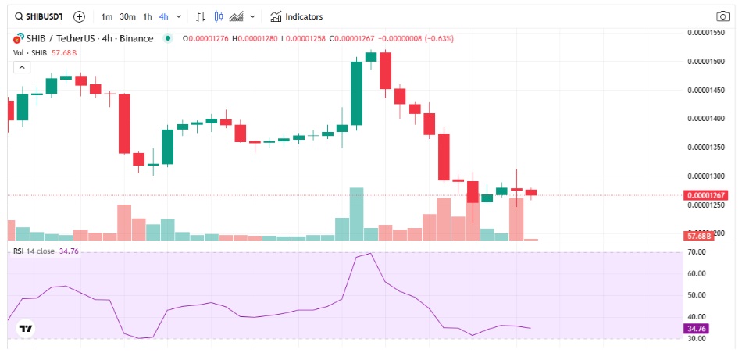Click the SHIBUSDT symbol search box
pyautogui.click(x=39, y=16)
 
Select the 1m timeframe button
pyautogui.click(x=107, y=16)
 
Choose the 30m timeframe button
pyautogui.click(x=127, y=16)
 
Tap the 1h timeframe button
pyautogui.click(x=148, y=16)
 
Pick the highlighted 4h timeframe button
pyautogui.click(x=163, y=16)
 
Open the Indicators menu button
pyautogui.click(x=296, y=16)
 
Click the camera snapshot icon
pyautogui.click(x=722, y=16)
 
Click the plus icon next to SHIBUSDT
pyautogui.click(x=79, y=16)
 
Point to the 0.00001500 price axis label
pyautogui.click(x=707, y=61)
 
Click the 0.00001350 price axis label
pyautogui.click(x=707, y=147)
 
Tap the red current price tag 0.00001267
pyautogui.click(x=707, y=195)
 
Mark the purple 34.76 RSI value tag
pyautogui.click(x=695, y=330)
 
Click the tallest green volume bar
pyautogui.click(x=357, y=213)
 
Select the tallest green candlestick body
pyautogui.click(x=357, y=92)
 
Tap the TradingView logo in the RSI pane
pyautogui.click(x=26, y=329)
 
